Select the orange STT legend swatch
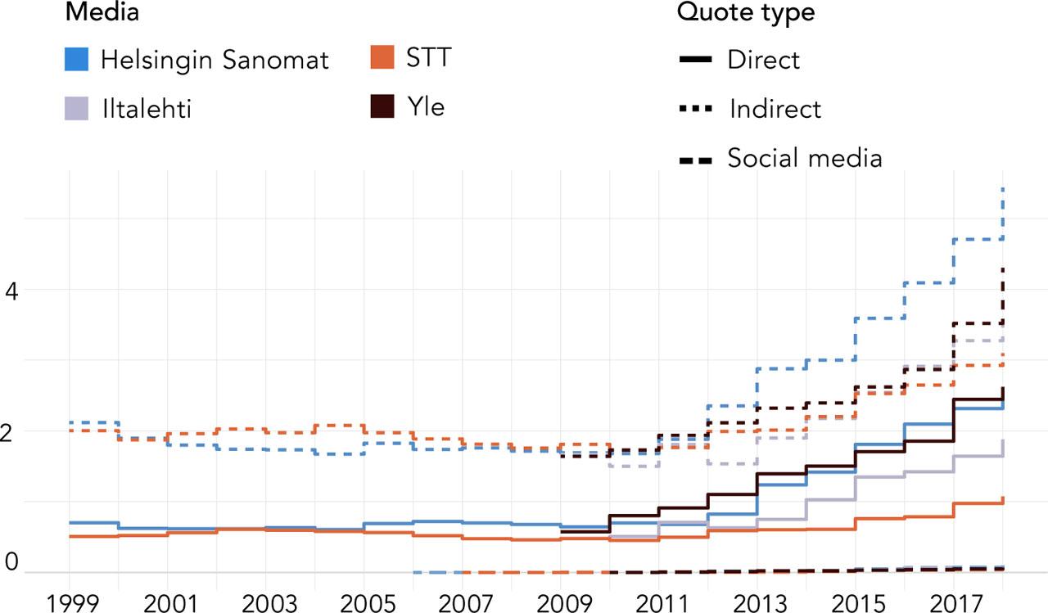click(x=382, y=59)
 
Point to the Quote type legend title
click(x=745, y=12)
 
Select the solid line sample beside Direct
click(x=695, y=60)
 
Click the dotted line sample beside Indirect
click(x=695, y=108)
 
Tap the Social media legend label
click(x=804, y=157)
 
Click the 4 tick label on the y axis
click(x=11, y=292)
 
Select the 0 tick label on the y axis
click(x=11, y=563)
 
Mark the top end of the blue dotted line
click(x=1003, y=188)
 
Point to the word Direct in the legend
click(x=763, y=60)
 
